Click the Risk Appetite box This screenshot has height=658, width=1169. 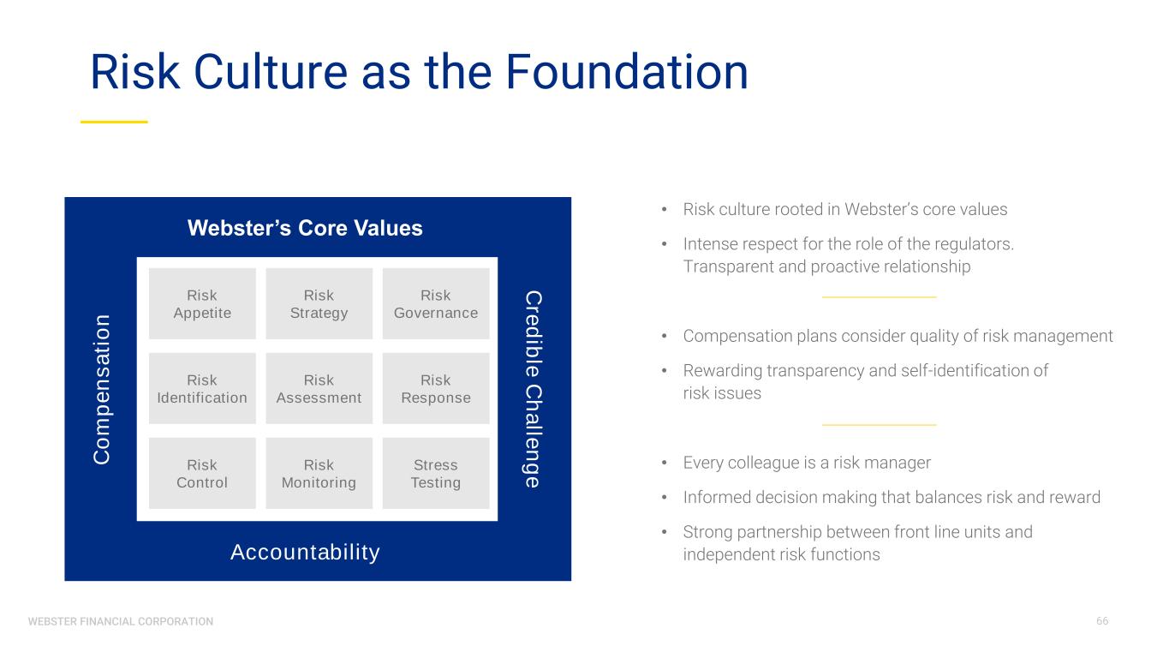pyautogui.click(x=202, y=304)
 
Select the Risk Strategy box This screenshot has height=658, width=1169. pyautogui.click(x=319, y=304)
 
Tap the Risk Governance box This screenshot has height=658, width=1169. pyautogui.click(x=436, y=304)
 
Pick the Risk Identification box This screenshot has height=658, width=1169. pyautogui.click(x=202, y=389)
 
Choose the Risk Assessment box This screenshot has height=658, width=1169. pyautogui.click(x=319, y=389)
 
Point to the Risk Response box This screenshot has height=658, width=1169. pyautogui.click(x=436, y=389)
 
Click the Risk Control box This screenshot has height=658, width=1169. pyautogui.click(x=202, y=474)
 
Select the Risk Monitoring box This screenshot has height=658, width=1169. pyautogui.click(x=319, y=474)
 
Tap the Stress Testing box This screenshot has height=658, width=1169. pyautogui.click(x=436, y=474)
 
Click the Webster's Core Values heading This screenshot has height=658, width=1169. pyautogui.click(x=305, y=228)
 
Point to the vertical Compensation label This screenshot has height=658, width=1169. pyautogui.click(x=102, y=389)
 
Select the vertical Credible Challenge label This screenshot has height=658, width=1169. pyautogui.click(x=533, y=389)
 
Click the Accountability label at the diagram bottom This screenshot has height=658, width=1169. pyautogui.click(x=305, y=552)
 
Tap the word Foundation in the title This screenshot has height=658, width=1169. pyautogui.click(x=626, y=73)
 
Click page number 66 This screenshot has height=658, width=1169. pyautogui.click(x=1101, y=620)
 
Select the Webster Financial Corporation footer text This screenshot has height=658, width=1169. pyautogui.click(x=121, y=621)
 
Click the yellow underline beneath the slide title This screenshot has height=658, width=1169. pyautogui.click(x=114, y=122)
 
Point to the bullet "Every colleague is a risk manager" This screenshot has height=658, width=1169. pyautogui.click(x=807, y=463)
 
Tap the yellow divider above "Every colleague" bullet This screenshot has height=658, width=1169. pyautogui.click(x=879, y=424)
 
